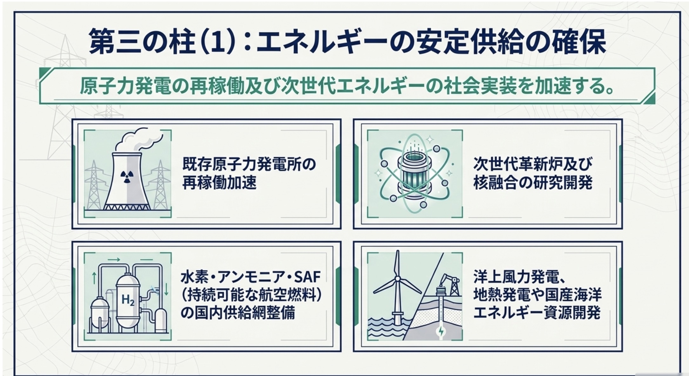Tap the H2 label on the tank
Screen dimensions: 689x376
click(x=128, y=300)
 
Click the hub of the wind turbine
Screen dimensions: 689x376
click(x=397, y=279)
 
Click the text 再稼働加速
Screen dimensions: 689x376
click(x=219, y=183)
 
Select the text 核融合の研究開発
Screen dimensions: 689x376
click(x=533, y=183)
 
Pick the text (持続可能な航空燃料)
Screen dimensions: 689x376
click(x=251, y=296)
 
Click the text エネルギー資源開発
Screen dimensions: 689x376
click(x=537, y=313)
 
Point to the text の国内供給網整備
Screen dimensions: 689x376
click(x=238, y=313)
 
